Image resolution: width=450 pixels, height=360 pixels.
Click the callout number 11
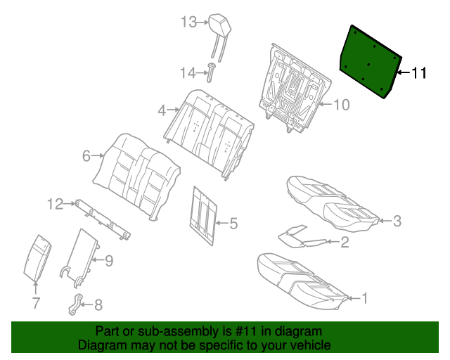[x=418, y=72]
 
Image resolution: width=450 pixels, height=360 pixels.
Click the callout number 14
[x=186, y=72]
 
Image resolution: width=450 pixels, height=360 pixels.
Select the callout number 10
[x=340, y=105]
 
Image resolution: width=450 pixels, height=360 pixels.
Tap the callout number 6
[x=86, y=156]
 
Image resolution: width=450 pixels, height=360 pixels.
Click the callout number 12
[x=56, y=204]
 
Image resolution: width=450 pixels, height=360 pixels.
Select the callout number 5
[x=233, y=224]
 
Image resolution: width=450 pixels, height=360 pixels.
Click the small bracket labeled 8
[x=76, y=304]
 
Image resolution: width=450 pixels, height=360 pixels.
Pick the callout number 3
[x=397, y=221]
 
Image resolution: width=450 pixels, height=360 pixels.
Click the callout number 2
[x=345, y=243]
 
